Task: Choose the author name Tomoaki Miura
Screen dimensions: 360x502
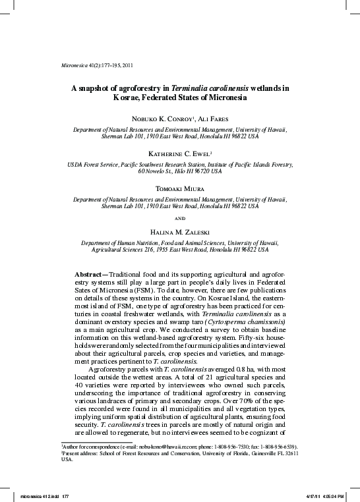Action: tap(179, 188)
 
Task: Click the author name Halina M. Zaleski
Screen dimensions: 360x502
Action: tap(179, 231)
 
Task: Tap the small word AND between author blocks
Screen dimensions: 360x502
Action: tap(179, 217)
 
